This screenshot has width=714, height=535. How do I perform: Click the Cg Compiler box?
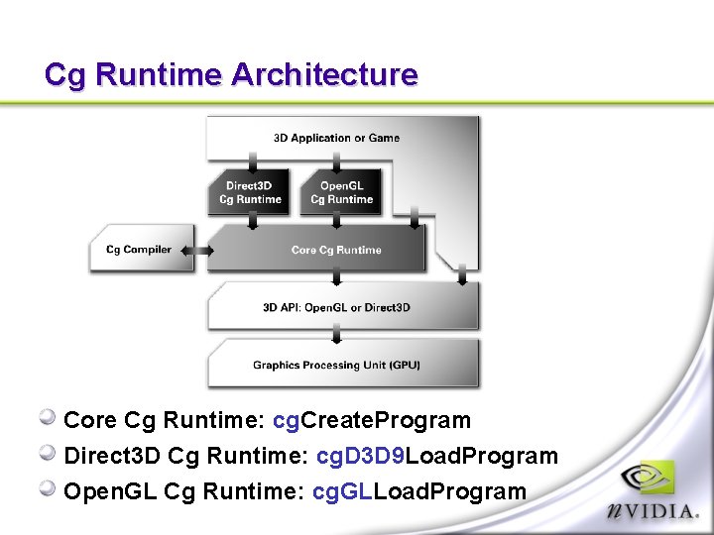coord(138,250)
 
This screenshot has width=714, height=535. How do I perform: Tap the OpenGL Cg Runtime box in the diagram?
coord(342,192)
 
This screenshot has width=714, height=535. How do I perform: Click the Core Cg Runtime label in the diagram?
coord(336,250)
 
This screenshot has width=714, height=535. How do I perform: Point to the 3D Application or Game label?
coord(336,138)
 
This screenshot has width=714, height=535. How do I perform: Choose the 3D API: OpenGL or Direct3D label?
coord(336,308)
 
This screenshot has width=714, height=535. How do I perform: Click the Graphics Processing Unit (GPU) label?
coord(336,366)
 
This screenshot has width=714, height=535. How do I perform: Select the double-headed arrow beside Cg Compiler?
coord(198,251)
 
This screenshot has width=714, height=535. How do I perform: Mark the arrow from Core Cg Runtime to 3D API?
coord(336,278)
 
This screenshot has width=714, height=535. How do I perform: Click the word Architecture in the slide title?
coord(324,74)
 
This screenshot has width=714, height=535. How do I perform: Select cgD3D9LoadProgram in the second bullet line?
coord(436,456)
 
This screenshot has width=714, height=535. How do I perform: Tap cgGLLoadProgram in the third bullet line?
coord(419,491)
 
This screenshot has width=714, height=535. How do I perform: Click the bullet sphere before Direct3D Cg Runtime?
coord(48,454)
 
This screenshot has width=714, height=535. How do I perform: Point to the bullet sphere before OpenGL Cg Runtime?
coord(48,489)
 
